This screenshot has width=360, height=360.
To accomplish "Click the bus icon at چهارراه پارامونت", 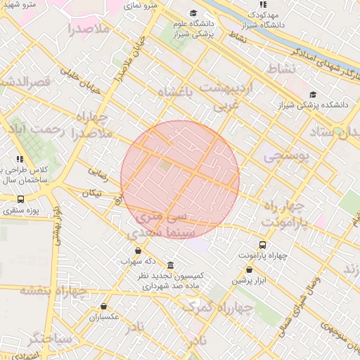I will pyautogui.click(x=262, y=245).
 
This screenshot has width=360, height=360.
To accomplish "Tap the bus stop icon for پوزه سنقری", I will pyautogui.click(x=20, y=199).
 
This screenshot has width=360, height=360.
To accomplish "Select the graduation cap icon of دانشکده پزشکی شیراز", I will pyautogui.click(x=313, y=95).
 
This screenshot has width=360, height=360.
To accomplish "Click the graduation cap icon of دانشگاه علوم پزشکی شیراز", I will pyautogui.click(x=193, y=13).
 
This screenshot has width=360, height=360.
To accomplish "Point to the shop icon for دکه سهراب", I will pyautogui.click(x=137, y=250).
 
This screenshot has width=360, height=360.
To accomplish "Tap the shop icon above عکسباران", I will pyautogui.click(x=104, y=306).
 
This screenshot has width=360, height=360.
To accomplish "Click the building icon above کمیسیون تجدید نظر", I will pyautogui.click(x=170, y=265).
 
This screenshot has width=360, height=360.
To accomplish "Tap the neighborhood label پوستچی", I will pyautogui.click(x=286, y=157).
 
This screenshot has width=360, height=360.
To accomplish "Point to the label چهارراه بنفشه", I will pyautogui.click(x=53, y=290).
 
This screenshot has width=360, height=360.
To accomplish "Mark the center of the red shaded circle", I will pyautogui.click(x=180, y=180).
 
